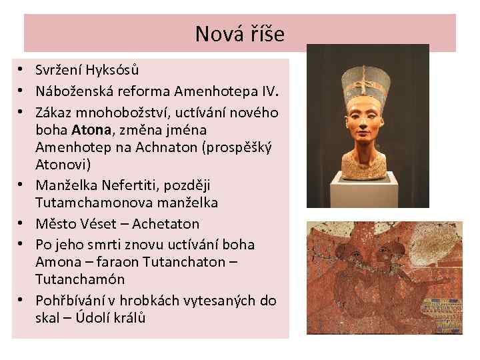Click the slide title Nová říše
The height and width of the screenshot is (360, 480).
point(239,33)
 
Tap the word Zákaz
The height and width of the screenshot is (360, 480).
point(54,110)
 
